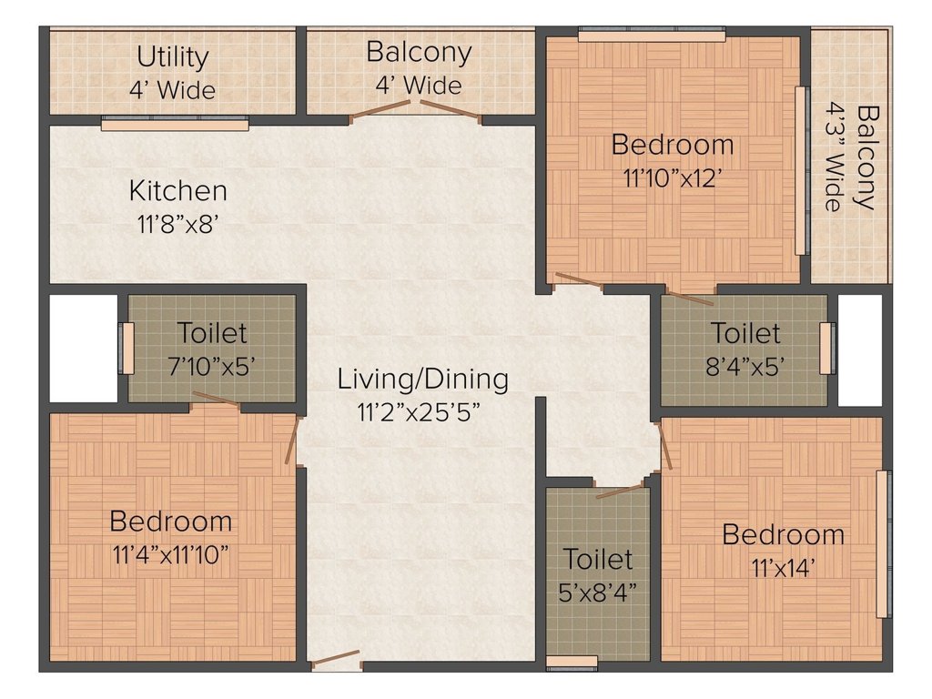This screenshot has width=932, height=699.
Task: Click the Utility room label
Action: [173, 56]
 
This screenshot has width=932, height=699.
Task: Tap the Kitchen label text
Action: [178, 191]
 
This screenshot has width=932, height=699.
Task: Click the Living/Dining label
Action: [423, 378]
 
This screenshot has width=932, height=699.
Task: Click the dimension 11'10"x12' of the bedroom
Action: [673, 178]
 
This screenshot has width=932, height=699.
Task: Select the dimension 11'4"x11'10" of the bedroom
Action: [171, 554]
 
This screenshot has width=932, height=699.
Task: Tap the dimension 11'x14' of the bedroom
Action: [783, 567]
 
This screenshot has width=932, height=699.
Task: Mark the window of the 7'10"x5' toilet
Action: [127, 348]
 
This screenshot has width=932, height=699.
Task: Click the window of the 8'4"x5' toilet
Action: [826, 348]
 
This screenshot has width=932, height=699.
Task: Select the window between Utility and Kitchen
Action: [174, 124]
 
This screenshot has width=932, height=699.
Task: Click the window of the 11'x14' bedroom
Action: [882, 544]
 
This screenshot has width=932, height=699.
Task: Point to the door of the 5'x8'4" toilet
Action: [620, 491]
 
